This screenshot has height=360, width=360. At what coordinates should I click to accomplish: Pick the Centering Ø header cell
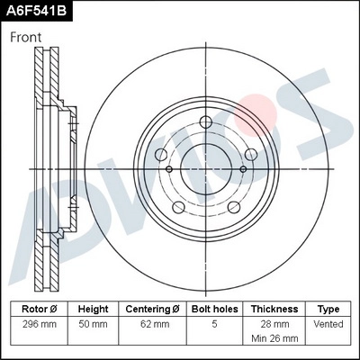click(x=152, y=308)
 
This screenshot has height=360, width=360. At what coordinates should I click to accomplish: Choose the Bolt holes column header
click(x=215, y=308)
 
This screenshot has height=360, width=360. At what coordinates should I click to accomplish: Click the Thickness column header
click(x=274, y=308)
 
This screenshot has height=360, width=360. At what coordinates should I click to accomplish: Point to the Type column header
click(x=329, y=308)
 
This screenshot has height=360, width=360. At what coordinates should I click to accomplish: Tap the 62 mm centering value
click(x=152, y=322)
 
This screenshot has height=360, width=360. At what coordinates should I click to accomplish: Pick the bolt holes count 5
click(x=215, y=322)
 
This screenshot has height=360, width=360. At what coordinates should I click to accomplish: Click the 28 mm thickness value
click(x=274, y=322)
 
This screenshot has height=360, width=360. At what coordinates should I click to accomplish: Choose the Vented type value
click(x=329, y=322)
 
